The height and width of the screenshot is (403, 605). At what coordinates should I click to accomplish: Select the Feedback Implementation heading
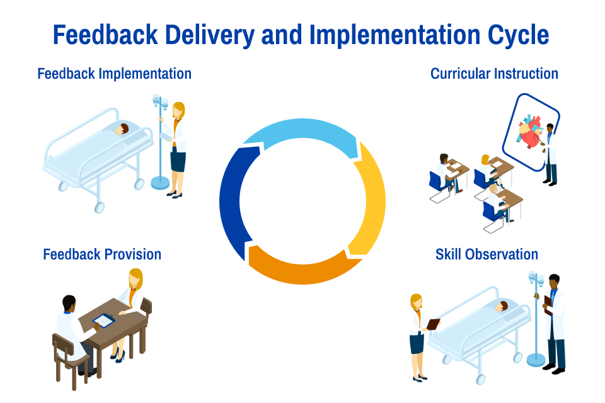(114, 74)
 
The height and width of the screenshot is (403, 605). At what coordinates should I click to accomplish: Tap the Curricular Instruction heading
(494, 74)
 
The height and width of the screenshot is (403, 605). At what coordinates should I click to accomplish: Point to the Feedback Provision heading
(102, 254)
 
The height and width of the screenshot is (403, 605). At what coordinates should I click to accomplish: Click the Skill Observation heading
(487, 254)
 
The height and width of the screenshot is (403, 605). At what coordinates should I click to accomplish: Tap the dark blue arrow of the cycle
(234, 201)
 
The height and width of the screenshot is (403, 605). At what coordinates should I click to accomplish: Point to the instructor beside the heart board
(551, 154)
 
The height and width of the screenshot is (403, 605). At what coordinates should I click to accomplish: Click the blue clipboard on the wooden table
(104, 321)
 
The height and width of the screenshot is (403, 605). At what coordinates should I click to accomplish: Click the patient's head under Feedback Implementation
(123, 129)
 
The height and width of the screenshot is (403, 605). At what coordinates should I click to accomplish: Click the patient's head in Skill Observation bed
(502, 306)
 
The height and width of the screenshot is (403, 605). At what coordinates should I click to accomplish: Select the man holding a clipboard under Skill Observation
(555, 321)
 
